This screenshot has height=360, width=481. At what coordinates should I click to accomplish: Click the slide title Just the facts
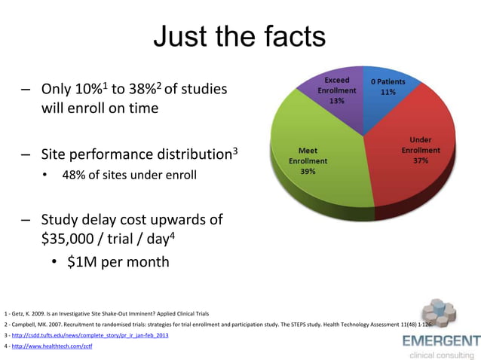coord(240,36)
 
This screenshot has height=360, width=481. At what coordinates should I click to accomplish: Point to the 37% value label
coord(421,160)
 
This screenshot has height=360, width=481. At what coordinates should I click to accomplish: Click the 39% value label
coord(308,171)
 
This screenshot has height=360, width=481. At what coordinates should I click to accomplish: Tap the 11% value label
coord(388,92)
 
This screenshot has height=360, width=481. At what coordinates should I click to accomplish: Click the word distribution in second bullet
coord(182,155)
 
